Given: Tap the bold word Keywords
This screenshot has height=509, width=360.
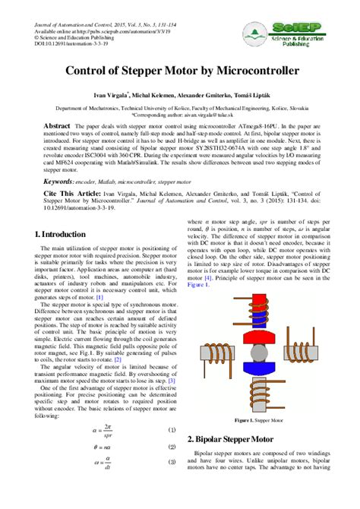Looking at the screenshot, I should coord(58,182).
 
